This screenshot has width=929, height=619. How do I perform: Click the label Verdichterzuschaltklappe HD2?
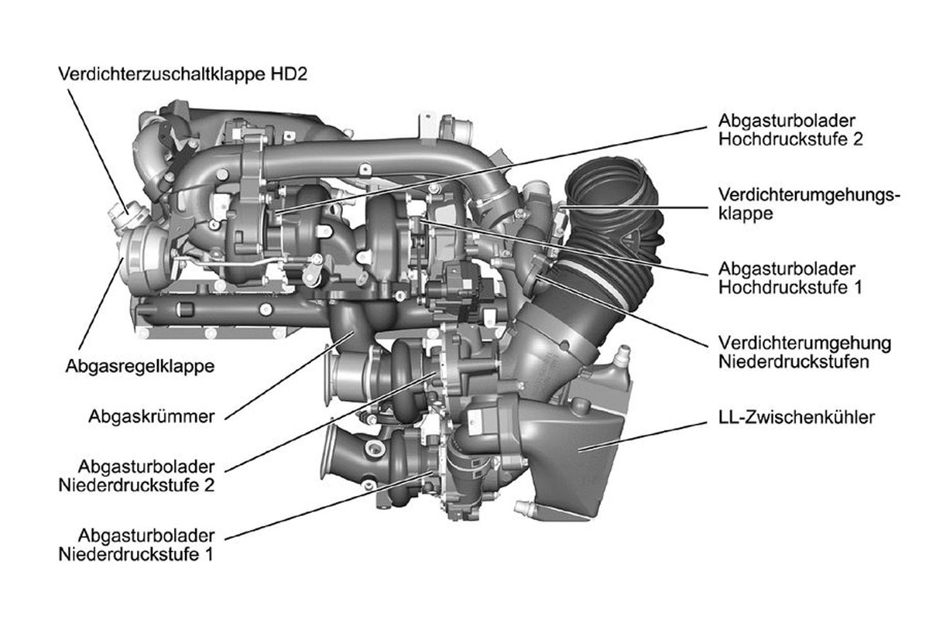183,74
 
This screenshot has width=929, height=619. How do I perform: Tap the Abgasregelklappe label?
140,367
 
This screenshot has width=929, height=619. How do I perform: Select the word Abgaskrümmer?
152,416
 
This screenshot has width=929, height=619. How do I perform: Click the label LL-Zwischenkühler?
797,417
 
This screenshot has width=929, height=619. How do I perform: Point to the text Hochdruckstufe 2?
790,139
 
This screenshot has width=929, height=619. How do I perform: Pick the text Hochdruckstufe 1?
790,287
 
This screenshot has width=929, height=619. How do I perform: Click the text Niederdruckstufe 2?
137,485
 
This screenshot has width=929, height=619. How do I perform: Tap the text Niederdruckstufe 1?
136,554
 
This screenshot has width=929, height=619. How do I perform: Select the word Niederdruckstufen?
794,362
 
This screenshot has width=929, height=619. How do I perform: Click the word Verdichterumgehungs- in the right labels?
810,195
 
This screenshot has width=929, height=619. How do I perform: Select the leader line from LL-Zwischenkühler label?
643,436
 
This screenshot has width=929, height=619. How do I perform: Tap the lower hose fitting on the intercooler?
524,507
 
